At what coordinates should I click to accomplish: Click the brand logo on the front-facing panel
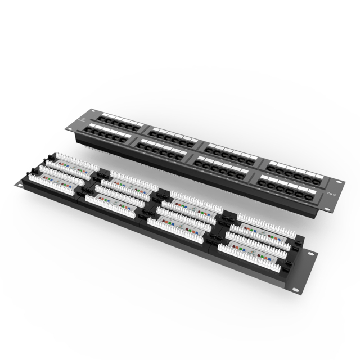click(x=84, y=121)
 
